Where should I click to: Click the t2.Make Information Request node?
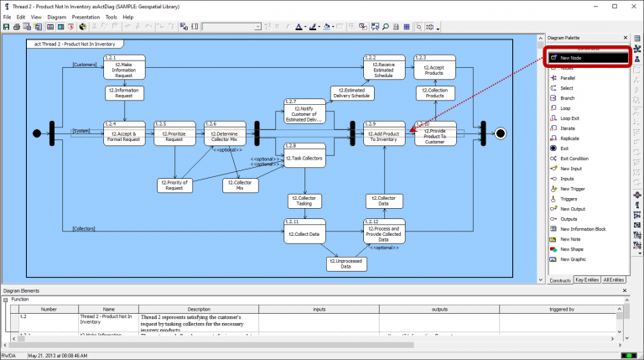[124, 68]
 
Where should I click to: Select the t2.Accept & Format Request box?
[124, 134]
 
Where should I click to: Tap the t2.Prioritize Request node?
[174, 134]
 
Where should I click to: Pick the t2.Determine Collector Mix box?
[224, 134]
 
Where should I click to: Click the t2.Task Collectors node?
[304, 157]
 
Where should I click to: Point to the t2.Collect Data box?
[304, 233]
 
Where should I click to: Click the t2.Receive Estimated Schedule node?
[384, 68]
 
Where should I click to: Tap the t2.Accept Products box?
[434, 68]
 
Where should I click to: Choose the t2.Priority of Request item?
[174, 185]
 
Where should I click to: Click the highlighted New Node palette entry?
[587, 57]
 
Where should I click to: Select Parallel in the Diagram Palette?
[568, 78]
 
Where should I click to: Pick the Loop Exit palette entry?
[570, 118]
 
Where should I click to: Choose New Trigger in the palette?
[573, 189]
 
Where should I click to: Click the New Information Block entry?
[583, 229]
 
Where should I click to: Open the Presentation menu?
[86, 17]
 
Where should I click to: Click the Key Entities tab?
[587, 280]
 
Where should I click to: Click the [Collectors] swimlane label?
[83, 228]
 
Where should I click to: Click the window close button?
[634, 6]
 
